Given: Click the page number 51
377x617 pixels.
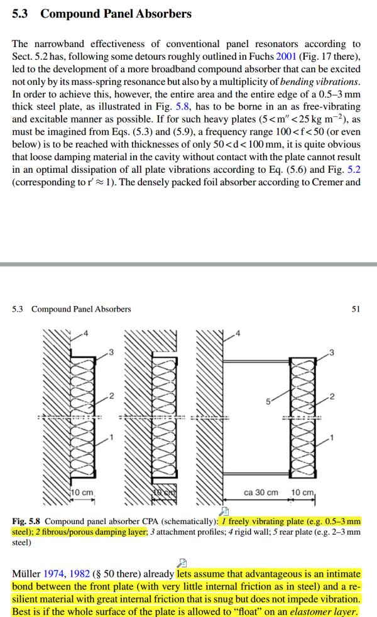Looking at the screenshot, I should click(x=356, y=308).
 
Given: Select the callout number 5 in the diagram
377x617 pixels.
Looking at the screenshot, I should click(x=266, y=400).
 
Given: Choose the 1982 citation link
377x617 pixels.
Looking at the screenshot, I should click(x=79, y=574).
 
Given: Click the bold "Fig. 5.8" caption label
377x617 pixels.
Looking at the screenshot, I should click(x=28, y=521).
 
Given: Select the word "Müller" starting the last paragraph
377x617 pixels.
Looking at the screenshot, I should click(x=26, y=574).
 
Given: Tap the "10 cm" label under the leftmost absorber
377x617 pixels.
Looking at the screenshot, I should click(x=81, y=492).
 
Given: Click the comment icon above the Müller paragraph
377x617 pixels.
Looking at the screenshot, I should click(x=183, y=562).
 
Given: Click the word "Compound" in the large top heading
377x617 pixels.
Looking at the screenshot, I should click(x=72, y=13).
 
